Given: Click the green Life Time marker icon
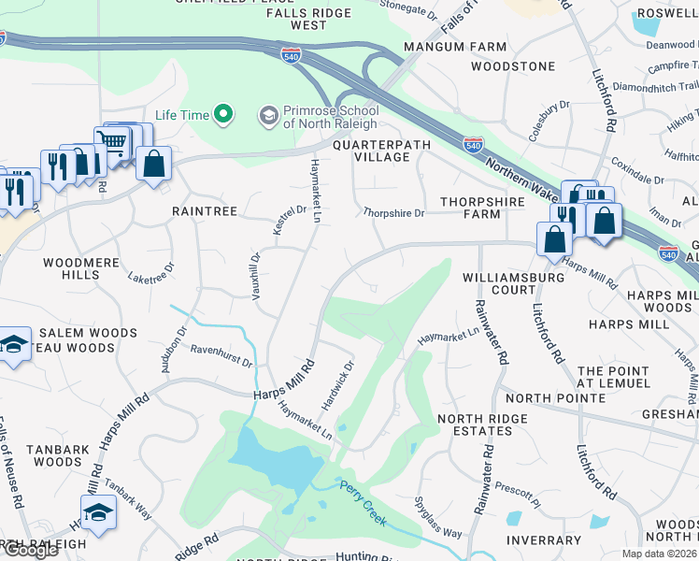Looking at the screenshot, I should click(222, 115).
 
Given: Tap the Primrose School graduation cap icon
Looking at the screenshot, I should click(269, 115).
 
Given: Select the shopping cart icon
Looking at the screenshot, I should click(112, 143).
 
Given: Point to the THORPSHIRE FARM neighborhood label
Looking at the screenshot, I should click(471, 208).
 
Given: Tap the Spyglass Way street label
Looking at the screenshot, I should click(437, 517).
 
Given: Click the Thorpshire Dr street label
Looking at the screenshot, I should click(393, 213).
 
